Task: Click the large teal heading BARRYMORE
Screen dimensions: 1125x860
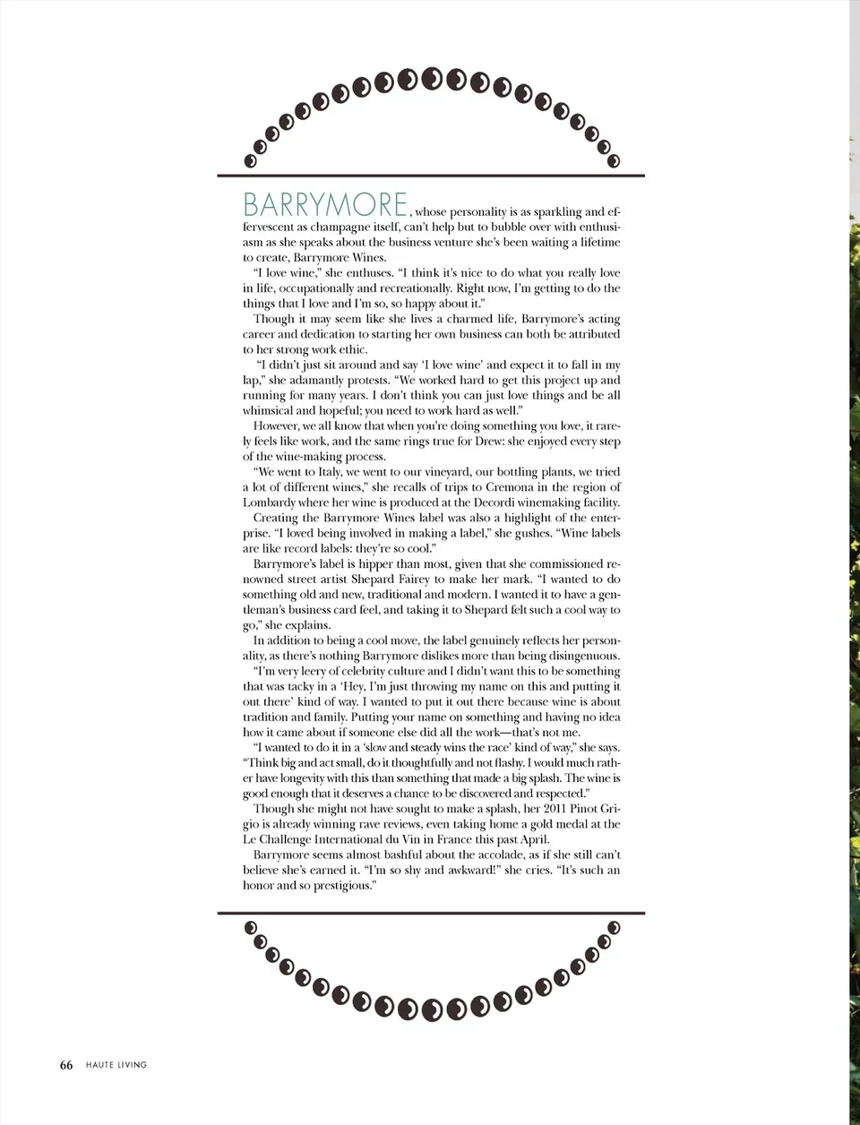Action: (x=325, y=204)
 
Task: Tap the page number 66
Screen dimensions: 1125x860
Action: (x=66, y=1065)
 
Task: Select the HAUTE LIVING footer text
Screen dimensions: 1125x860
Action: (x=116, y=1065)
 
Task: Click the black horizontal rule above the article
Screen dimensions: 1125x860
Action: (x=431, y=175)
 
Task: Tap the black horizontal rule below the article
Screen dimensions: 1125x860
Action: (x=431, y=913)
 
